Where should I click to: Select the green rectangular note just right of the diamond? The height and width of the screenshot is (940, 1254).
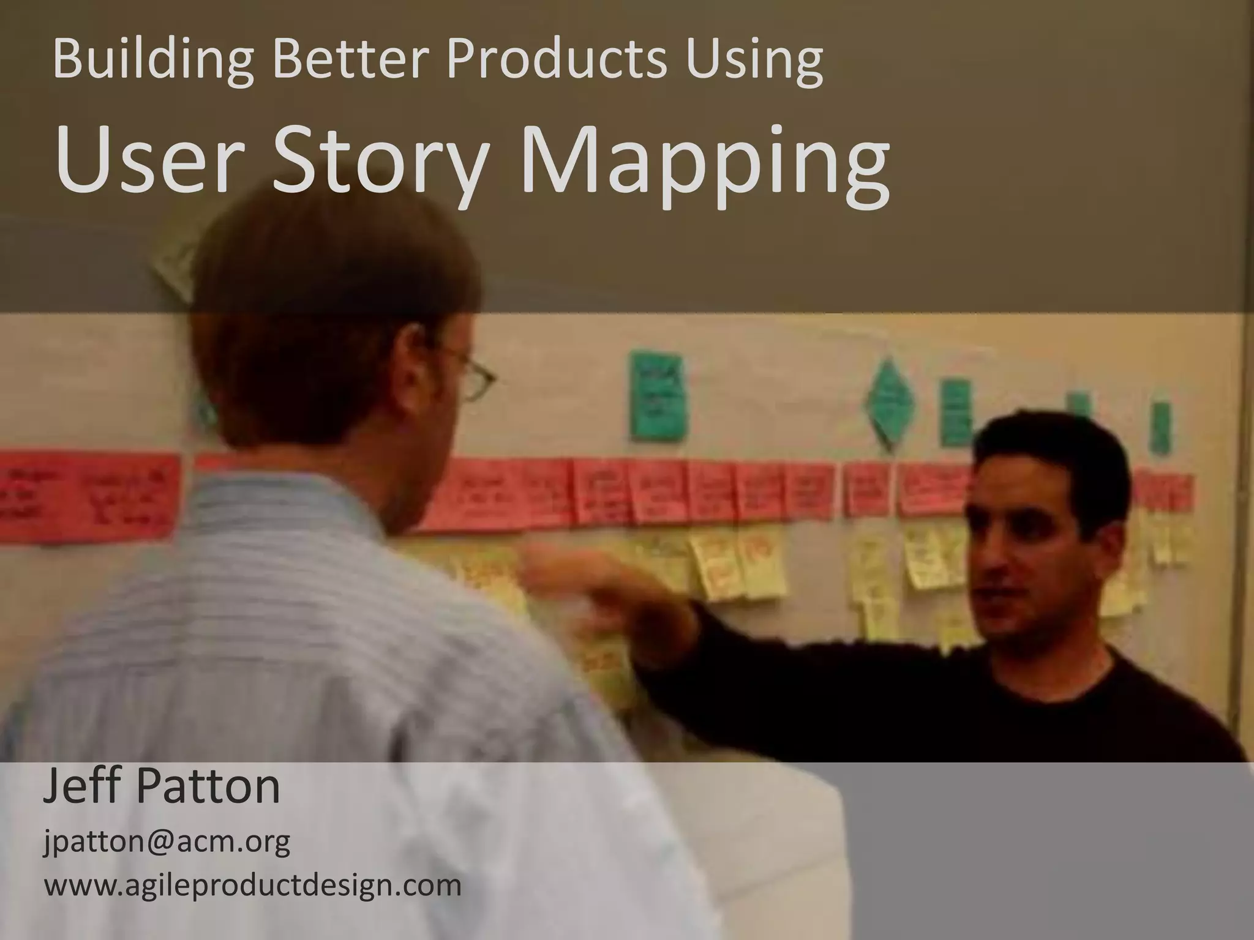pos(955,411)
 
